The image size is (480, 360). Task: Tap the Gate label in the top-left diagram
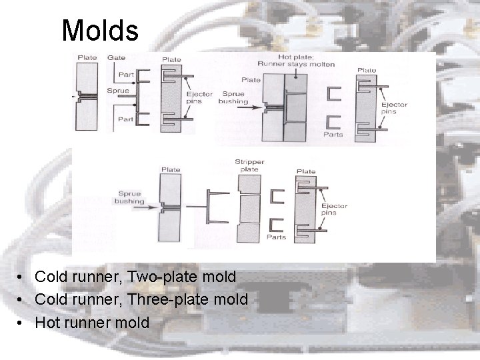click(116, 58)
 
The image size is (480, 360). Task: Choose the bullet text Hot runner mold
click(92, 323)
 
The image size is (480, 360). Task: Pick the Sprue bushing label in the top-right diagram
click(233, 98)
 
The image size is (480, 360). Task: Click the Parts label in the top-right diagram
click(333, 134)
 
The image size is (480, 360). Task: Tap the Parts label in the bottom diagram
click(275, 237)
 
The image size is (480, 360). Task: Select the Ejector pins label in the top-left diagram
click(199, 97)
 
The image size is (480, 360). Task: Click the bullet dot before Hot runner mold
click(22, 323)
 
